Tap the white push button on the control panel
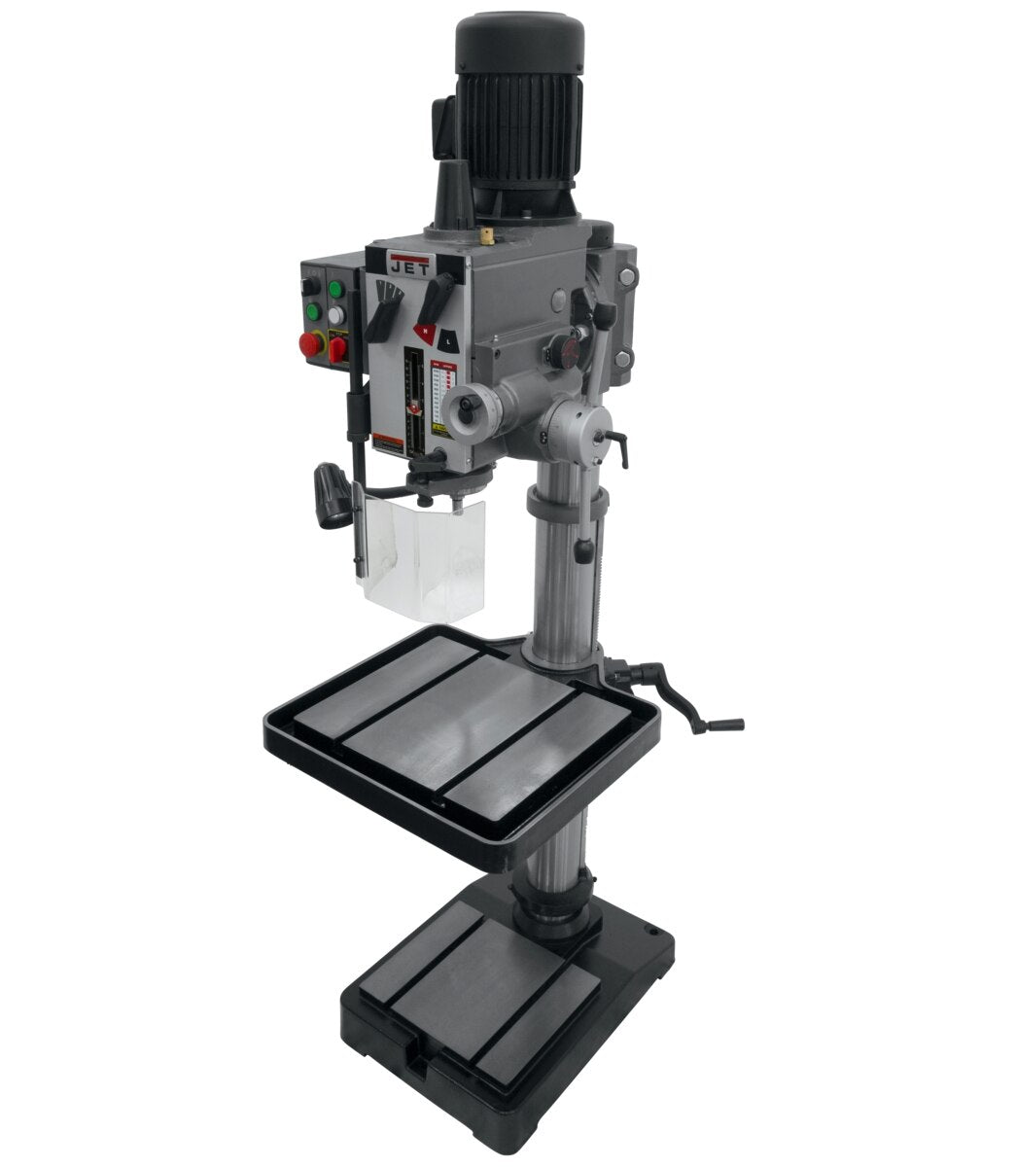[x=336, y=315]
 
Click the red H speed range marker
[x=425, y=332]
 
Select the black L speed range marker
[x=444, y=340]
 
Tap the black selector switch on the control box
[x=310, y=287]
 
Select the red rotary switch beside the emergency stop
[x=337, y=347]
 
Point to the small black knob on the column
[x=582, y=551]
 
